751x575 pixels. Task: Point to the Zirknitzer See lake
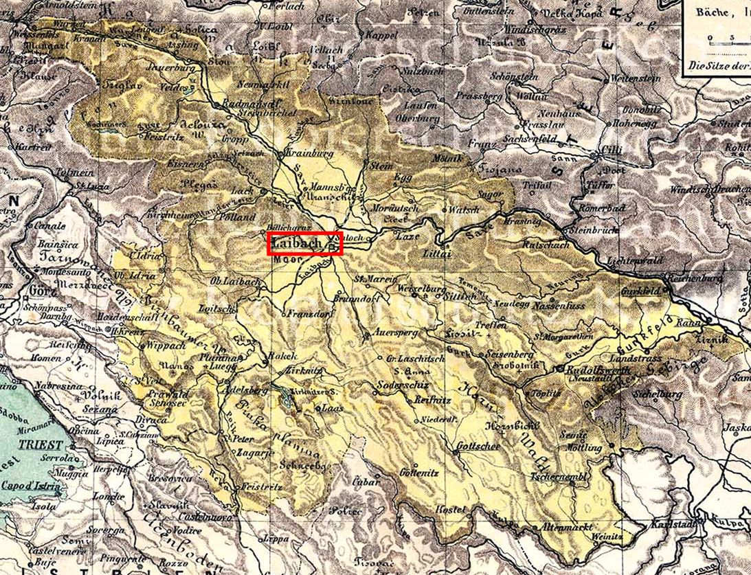coord(283,394)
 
